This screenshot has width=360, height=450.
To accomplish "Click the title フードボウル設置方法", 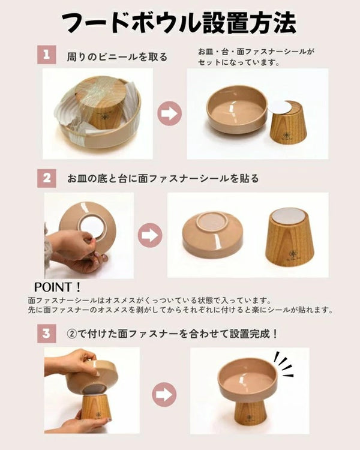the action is [179, 23].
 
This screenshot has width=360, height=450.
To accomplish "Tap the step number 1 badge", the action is [47, 54].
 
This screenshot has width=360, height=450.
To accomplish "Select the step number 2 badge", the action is [47, 178].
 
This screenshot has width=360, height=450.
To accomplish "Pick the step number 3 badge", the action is [47, 334].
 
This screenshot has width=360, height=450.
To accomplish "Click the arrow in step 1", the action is [170, 113].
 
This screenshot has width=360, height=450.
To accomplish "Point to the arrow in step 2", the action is [150, 235].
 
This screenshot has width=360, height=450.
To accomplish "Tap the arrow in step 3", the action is [164, 394].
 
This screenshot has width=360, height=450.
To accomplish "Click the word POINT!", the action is [58, 287].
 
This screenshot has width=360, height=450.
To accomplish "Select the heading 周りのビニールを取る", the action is [117, 57].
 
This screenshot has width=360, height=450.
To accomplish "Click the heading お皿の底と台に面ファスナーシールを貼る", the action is [163, 179].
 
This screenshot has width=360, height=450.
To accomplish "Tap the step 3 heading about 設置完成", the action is [172, 334].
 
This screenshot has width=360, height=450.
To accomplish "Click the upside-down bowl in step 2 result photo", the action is [213, 235].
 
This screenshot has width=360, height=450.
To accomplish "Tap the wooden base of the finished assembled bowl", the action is [248, 411].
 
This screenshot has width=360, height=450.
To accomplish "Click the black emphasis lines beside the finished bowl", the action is [283, 364].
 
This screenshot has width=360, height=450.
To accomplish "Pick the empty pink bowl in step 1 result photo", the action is [237, 110].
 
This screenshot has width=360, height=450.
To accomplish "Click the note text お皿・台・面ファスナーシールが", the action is [256, 52].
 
